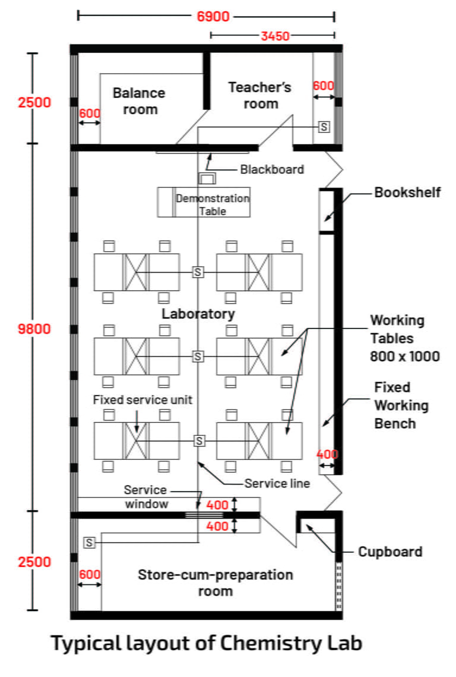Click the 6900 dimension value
tap(213, 16)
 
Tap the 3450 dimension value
tap(274, 36)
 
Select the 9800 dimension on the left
tap(34, 329)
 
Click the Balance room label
tap(140, 101)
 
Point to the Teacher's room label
tap(260, 96)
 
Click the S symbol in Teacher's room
tap(324, 126)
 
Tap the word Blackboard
tap(272, 170)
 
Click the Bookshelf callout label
tap(407, 192)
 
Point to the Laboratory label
tap(198, 314)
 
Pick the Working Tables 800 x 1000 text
tap(405, 338)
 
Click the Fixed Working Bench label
tap(401, 406)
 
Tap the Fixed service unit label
tap(142, 400)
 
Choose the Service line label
tap(277, 483)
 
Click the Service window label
tap(145, 497)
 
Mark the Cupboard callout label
tap(390, 552)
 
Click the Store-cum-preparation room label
tap(216, 583)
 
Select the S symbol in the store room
tap(90, 542)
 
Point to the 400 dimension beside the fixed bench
tap(327, 454)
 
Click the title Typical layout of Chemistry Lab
tap(206, 643)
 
